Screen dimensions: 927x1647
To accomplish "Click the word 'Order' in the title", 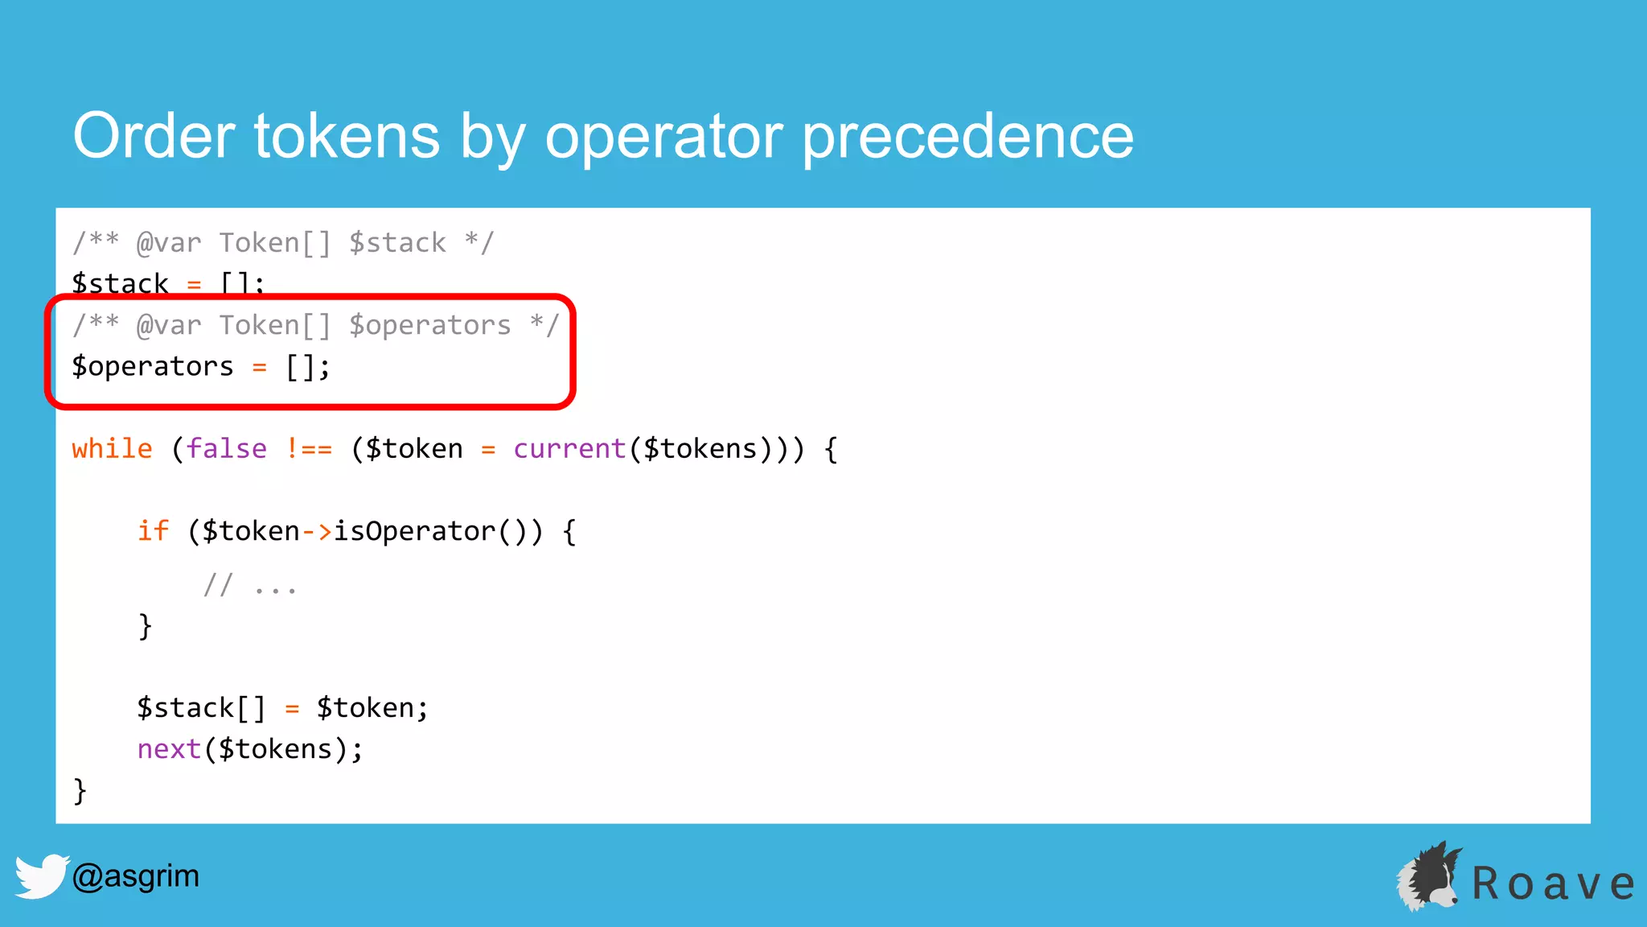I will click(154, 136).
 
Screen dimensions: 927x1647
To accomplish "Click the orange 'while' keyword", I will click(112, 448).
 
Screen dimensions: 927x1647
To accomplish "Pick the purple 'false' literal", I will click(226, 448).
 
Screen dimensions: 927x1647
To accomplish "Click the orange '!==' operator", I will click(309, 448).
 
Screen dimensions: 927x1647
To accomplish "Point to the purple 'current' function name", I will click(569, 448).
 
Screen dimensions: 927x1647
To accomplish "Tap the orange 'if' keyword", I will click(153, 531).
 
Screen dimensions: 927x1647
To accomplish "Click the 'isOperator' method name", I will click(414, 531).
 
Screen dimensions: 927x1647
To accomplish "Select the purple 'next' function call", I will click(169, 749).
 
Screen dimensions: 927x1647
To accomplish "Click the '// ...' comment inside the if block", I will click(250, 585).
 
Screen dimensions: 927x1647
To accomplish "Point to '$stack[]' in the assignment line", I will click(201, 708).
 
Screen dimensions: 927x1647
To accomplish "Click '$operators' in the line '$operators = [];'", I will click(153, 367).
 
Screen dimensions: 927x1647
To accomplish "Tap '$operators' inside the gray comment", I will click(430, 325).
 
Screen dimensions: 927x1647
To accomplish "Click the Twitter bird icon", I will click(40, 875).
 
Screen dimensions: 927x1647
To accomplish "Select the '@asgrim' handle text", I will click(135, 875).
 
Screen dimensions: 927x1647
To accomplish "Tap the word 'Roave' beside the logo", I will click(1552, 884).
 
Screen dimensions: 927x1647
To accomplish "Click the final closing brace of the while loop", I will click(80, 791).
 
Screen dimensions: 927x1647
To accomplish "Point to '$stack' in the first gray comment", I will click(397, 243).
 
